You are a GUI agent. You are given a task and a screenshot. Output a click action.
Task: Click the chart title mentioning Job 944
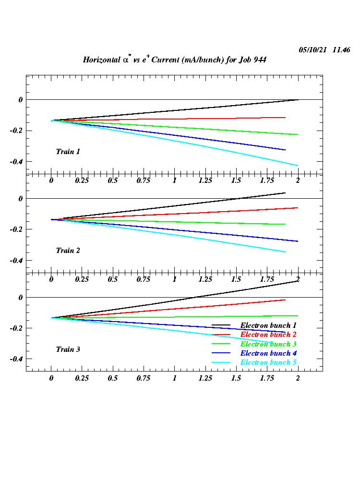point(174,60)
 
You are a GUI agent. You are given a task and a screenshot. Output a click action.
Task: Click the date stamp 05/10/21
point(312,49)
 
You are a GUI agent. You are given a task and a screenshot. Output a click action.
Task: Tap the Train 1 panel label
point(68,152)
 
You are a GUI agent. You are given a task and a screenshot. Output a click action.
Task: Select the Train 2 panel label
point(68,251)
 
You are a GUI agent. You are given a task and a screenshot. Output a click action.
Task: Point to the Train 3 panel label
point(68,349)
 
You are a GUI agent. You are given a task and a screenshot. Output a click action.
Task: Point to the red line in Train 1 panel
point(192,118)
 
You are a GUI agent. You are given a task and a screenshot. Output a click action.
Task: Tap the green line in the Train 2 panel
point(192,222)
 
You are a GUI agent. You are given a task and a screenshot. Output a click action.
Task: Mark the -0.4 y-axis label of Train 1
point(16,162)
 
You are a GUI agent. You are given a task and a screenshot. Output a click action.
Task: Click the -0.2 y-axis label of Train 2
point(16,229)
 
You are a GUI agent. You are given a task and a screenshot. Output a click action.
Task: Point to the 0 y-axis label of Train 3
point(20,298)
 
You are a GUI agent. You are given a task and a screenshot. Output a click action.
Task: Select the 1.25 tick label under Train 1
point(205,180)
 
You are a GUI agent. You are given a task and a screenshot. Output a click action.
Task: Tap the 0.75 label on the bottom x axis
point(143,378)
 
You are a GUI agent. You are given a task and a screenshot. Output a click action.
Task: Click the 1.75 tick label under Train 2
point(266,279)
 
